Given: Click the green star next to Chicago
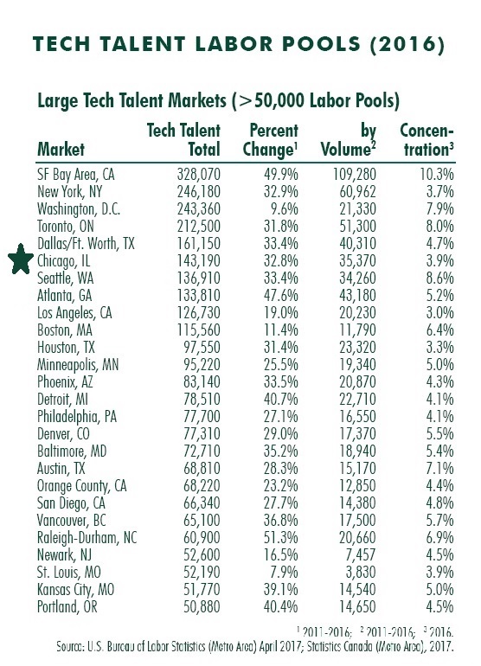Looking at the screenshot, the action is click(x=21, y=259).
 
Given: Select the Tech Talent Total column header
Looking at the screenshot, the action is click(x=183, y=140).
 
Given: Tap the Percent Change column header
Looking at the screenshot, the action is click(x=270, y=140).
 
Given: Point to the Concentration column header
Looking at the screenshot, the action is click(x=426, y=140).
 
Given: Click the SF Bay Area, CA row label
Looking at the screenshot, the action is click(x=75, y=175).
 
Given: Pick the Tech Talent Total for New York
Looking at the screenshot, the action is click(x=198, y=191).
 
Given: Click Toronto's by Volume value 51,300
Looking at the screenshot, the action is click(x=357, y=227).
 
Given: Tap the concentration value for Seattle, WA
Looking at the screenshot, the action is click(x=439, y=279).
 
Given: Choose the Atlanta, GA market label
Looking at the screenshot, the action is click(x=65, y=296).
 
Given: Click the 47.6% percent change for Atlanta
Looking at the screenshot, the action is click(x=281, y=296).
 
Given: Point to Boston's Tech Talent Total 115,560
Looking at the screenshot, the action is click(x=198, y=330).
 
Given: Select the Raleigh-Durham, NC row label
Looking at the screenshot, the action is click(x=87, y=538).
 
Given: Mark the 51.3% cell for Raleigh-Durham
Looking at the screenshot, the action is click(x=281, y=538).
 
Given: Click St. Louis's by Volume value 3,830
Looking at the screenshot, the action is click(x=361, y=572).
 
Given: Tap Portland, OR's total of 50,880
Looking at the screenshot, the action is click(x=202, y=606).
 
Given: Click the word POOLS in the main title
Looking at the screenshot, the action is click(x=321, y=44).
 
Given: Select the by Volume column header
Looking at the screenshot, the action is click(x=349, y=140).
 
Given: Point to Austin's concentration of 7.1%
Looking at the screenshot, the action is click(x=439, y=469).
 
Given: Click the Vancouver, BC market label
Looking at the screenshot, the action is click(x=72, y=521).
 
